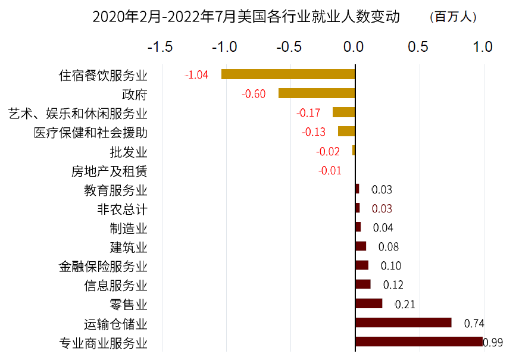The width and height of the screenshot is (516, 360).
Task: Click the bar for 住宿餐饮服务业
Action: click(288, 74)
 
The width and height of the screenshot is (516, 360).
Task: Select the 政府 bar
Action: click(317, 93)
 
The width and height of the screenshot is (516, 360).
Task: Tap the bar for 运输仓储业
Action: click(404, 323)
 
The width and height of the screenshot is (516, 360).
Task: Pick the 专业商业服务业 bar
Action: click(419, 342)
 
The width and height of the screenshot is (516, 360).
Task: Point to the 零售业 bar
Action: click(369, 303)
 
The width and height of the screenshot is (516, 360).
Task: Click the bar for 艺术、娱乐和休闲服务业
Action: click(344, 112)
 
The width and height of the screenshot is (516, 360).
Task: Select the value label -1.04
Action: click(196, 75)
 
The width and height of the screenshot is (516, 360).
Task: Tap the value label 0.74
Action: click(474, 324)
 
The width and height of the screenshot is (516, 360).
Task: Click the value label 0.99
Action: click(493, 343)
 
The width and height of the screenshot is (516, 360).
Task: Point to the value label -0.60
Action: click(254, 94)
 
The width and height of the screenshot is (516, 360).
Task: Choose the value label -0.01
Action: click(330, 171)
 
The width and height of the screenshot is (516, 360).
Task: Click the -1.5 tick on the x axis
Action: click(160, 47)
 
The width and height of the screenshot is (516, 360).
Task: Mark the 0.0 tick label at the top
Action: click(354, 47)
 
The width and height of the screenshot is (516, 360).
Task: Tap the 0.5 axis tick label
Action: click(418, 47)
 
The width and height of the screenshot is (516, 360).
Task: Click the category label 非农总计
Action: click(122, 209)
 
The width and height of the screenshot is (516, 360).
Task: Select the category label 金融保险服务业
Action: click(103, 267)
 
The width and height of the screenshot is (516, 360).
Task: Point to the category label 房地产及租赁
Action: click(110, 171)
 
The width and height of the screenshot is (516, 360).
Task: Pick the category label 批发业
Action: click(129, 152)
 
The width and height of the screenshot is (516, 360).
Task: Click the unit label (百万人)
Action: click(453, 17)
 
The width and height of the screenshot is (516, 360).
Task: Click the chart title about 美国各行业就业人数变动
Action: click(246, 17)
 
